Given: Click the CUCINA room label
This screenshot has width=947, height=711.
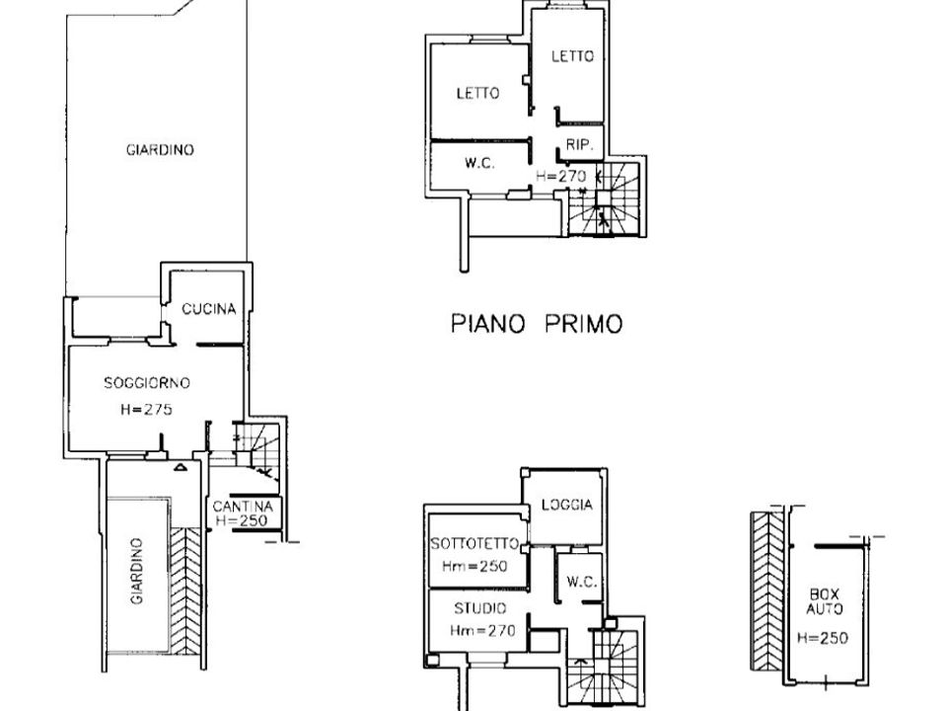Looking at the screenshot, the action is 208,309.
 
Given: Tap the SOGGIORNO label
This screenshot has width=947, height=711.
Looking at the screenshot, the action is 147,383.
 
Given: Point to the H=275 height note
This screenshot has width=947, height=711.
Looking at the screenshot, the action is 146,409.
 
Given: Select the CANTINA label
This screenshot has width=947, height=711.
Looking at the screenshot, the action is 243,506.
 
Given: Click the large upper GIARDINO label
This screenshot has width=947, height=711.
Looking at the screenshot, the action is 160,150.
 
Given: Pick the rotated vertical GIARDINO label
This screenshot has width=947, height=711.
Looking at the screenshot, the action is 137,572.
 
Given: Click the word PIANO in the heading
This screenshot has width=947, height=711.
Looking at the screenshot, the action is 488,324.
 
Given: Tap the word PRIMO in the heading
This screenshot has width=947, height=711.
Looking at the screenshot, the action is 583,324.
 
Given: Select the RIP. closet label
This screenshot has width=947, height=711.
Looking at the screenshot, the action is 580,145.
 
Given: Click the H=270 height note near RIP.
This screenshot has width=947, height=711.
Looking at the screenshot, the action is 561,176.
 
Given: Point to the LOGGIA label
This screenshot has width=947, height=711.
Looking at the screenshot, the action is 567,505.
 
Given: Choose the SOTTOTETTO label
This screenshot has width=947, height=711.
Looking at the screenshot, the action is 474,543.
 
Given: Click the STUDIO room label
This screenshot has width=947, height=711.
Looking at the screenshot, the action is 480,608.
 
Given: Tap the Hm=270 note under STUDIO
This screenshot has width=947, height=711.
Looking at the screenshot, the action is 482,631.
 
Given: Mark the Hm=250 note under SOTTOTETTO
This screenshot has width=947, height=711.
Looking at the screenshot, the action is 474,567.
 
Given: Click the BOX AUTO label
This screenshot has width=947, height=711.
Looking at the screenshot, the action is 825,601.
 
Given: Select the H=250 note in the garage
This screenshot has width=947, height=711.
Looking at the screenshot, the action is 822,637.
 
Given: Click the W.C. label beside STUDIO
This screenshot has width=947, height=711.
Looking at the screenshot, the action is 582,582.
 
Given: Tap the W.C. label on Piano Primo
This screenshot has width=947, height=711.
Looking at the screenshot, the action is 479,163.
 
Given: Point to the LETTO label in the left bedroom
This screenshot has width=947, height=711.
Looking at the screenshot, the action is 477,93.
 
